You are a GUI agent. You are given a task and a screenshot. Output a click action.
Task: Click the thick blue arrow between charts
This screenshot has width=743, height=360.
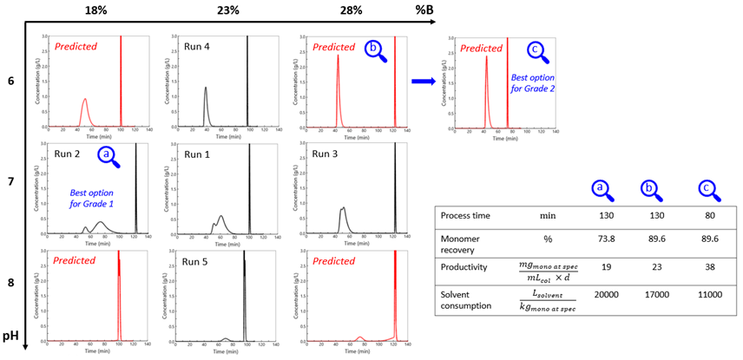(424, 81)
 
